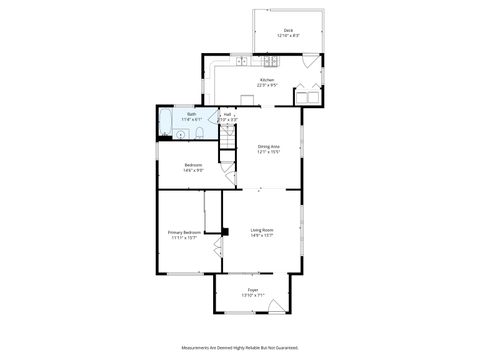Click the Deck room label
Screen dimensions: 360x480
[x=288, y=31]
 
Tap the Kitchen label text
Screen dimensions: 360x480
[x=267, y=80]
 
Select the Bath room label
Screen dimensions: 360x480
[x=191, y=115]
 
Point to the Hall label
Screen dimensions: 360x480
[x=228, y=115]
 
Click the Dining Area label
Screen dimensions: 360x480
[x=268, y=147]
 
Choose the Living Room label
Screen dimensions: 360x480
[x=262, y=230]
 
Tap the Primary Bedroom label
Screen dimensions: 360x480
[x=184, y=233]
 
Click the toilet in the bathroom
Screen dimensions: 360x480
[x=199, y=134]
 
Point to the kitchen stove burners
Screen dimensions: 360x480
[x=271, y=62]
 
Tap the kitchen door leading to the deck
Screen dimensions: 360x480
[x=309, y=61]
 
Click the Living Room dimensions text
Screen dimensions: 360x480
[x=262, y=236]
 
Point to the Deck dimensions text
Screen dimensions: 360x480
[x=288, y=37]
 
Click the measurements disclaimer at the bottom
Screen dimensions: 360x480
[x=240, y=347]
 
